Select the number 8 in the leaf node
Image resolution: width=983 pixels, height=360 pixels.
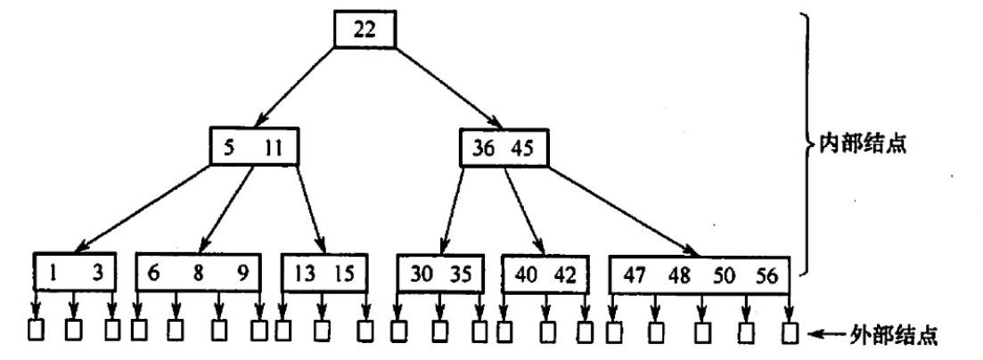tap(199, 274)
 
